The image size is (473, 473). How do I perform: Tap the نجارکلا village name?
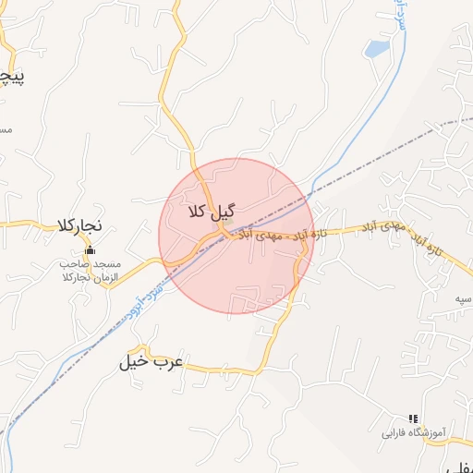click(x=78, y=225)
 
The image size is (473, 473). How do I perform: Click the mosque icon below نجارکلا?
click(x=90, y=250)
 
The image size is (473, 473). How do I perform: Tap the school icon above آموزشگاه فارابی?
click(x=413, y=418)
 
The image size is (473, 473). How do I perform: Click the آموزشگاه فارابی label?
click(x=414, y=432)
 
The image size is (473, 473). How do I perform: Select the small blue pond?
click(x=375, y=49)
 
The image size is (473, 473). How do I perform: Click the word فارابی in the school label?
click(x=394, y=432)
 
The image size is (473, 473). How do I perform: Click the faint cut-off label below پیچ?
click(x=5, y=129)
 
